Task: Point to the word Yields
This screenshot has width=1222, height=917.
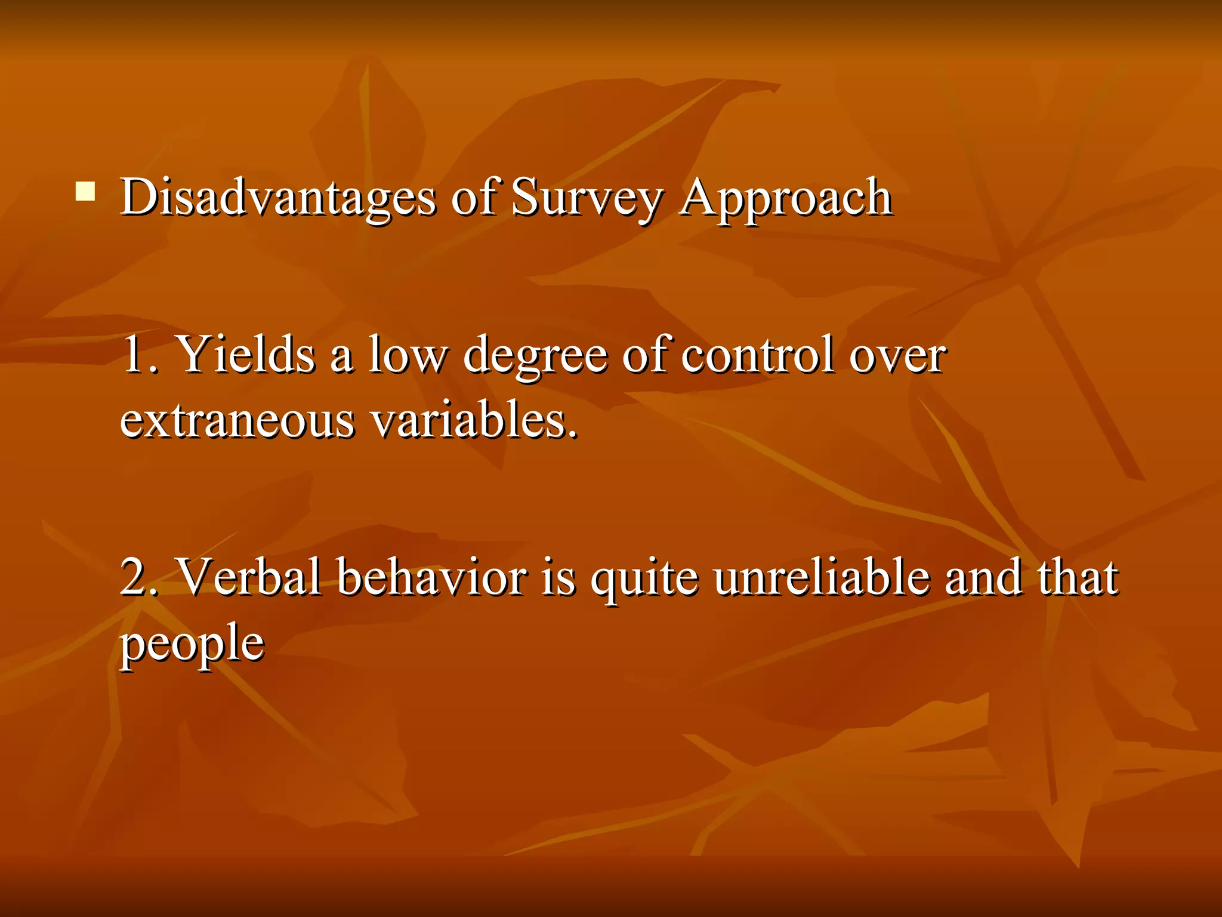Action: [x=246, y=355]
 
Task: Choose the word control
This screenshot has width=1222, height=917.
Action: [x=757, y=355]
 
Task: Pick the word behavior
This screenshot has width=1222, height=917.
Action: [x=432, y=577]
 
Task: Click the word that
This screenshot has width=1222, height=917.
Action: [x=1077, y=577]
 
